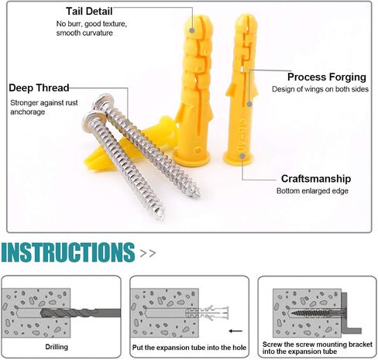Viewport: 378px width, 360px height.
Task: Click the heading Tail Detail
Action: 89,11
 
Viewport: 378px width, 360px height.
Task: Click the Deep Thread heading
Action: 39,87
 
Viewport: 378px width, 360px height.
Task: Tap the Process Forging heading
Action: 327,77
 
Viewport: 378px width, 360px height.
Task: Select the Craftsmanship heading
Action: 316,179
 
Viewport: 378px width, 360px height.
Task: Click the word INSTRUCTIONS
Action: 68,252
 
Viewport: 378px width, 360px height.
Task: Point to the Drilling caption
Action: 57,347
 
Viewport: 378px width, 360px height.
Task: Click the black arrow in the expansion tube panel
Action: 235,331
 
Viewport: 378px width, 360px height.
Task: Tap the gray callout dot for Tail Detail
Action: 192,30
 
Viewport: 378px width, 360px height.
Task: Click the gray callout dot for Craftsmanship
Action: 242,156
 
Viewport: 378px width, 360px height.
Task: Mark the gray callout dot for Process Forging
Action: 249,104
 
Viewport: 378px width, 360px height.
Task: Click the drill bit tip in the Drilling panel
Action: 42,313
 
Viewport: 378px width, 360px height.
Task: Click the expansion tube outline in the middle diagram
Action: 208,313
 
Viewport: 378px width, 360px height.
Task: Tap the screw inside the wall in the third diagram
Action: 317,314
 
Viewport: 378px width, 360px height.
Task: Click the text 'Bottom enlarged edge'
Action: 312,191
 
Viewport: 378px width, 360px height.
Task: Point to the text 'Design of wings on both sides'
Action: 320,89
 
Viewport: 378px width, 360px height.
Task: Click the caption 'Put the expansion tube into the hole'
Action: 189,348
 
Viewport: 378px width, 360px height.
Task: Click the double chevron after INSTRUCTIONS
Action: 148,253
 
